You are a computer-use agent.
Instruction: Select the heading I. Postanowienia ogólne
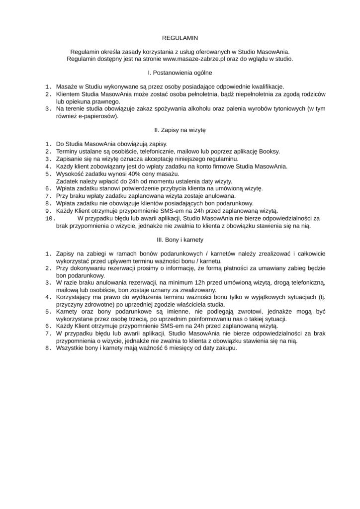pyautogui.click(x=180, y=73)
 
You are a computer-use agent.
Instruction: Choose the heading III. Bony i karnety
pyautogui.click(x=180, y=240)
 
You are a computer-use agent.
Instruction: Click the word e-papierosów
pyautogui.click(x=99, y=116)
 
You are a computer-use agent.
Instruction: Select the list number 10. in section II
pyautogui.click(x=50, y=218)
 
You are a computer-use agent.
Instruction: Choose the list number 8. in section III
pyautogui.click(x=48, y=348)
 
